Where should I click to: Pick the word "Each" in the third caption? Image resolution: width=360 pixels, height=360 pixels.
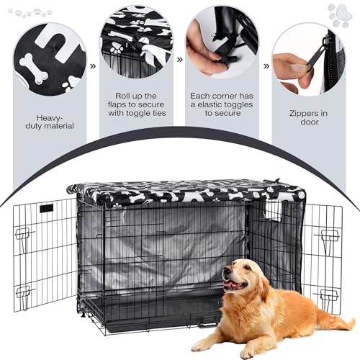click(200, 94)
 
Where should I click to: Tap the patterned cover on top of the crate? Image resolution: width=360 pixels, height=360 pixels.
click(187, 192)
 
